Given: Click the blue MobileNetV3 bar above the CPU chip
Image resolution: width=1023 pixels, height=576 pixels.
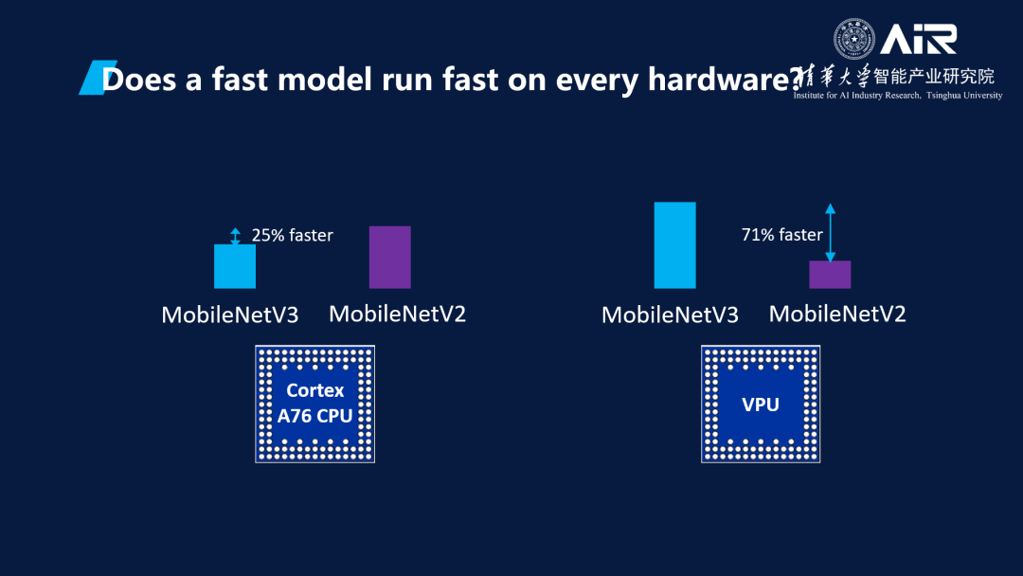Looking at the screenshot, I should pyautogui.click(x=235, y=266).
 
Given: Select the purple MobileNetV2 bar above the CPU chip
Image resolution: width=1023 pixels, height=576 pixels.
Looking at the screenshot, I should pyautogui.click(x=389, y=257).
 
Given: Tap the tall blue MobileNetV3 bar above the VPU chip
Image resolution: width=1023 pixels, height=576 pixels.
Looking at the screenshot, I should pyautogui.click(x=674, y=244).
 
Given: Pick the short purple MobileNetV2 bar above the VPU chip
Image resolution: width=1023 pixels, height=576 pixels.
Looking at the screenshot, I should pyautogui.click(x=830, y=274).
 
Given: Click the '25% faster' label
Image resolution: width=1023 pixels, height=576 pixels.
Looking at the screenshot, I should pyautogui.click(x=293, y=235).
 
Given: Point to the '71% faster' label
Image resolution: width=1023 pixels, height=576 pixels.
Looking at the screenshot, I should pyautogui.click(x=781, y=235).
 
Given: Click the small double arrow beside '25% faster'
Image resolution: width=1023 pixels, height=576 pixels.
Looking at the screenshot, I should pyautogui.click(x=235, y=236).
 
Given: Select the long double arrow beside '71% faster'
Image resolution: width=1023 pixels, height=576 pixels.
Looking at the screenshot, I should pyautogui.click(x=830, y=232).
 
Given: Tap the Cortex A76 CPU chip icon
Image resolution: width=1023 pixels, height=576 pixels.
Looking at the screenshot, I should pyautogui.click(x=314, y=404).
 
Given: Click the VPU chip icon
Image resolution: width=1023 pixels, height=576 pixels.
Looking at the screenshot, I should pyautogui.click(x=761, y=404).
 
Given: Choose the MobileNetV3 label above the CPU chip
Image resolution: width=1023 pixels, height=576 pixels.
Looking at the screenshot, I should pyautogui.click(x=230, y=315).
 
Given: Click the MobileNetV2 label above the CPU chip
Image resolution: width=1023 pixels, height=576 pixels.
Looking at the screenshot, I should pyautogui.click(x=397, y=313).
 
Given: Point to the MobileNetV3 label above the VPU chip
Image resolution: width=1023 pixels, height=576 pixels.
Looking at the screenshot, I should pyautogui.click(x=670, y=315).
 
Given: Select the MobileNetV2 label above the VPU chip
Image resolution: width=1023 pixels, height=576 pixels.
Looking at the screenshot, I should pyautogui.click(x=837, y=313).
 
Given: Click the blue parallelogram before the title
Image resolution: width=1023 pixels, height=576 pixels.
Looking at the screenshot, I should pyautogui.click(x=91, y=78).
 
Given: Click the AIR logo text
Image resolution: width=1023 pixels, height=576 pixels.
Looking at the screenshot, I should pyautogui.click(x=918, y=39).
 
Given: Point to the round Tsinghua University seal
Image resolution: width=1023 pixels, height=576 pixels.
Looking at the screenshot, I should pyautogui.click(x=854, y=39).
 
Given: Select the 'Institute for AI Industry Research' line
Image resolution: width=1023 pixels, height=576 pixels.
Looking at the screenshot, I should pyautogui.click(x=897, y=96).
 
